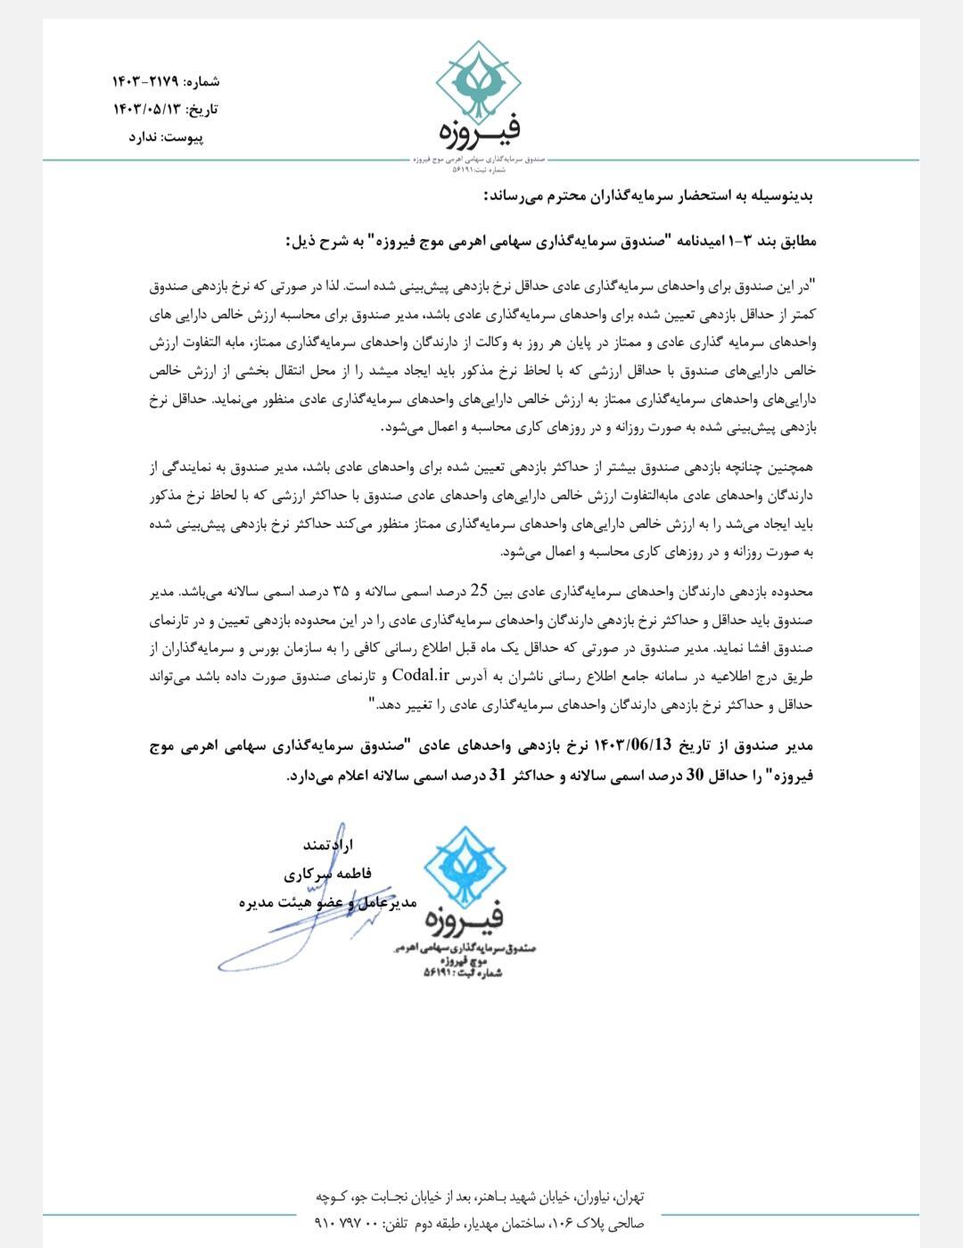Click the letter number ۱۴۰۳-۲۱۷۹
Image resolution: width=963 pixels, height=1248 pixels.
pyautogui.click(x=146, y=81)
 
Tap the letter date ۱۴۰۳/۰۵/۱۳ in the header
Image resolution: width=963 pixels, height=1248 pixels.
pyautogui.click(x=146, y=110)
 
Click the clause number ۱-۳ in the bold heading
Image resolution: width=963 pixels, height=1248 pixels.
pyautogui.click(x=744, y=242)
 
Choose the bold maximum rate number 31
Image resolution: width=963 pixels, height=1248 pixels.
pyautogui.click(x=498, y=776)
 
